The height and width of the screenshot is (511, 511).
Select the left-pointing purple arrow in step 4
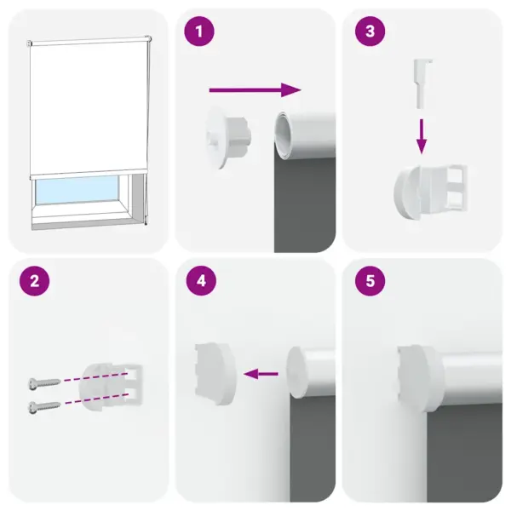point(263,372)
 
